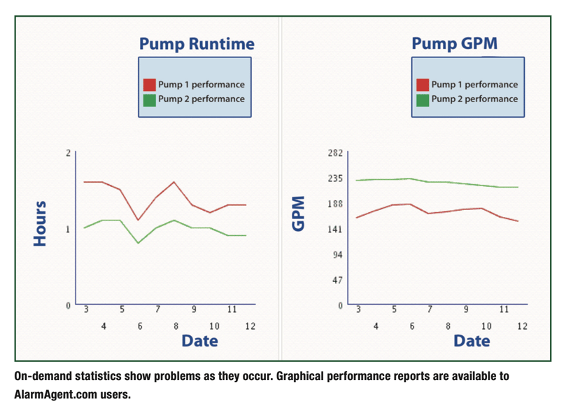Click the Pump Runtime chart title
[196, 44]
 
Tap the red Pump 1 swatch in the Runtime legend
[150, 85]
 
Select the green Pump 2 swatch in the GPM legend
[423, 99]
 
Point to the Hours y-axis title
[41, 223]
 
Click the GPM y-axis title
[299, 213]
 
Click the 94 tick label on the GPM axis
[337, 255]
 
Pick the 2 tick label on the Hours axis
[68, 153]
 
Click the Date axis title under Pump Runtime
[199, 341]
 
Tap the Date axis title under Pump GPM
[472, 341]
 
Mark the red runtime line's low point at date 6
[139, 220]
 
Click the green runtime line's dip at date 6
[139, 243]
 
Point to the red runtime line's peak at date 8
[174, 182]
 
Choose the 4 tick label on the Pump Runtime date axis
[104, 326]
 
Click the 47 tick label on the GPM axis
[337, 280]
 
